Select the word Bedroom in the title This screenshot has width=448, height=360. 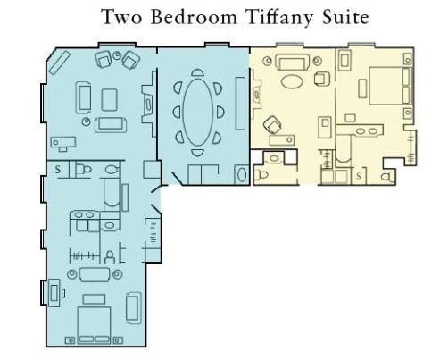[194, 17]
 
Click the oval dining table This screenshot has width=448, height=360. [198, 113]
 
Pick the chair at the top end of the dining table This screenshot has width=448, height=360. [197, 72]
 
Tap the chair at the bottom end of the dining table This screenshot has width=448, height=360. [197, 153]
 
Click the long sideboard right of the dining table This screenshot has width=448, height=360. [241, 104]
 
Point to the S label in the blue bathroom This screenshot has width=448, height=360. [58, 170]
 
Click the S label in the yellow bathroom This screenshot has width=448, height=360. [359, 176]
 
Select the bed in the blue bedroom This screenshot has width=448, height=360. [94, 324]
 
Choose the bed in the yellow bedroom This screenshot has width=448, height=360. [391, 86]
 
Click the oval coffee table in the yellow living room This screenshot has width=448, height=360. [293, 81]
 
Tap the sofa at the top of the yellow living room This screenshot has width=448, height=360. [293, 62]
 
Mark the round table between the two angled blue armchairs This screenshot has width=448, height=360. [117, 55]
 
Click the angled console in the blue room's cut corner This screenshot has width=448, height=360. [60, 63]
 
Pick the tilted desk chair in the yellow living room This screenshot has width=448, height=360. [272, 125]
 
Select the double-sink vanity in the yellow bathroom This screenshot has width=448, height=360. [366, 130]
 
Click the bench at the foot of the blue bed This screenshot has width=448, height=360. [94, 299]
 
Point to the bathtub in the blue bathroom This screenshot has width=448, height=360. [112, 193]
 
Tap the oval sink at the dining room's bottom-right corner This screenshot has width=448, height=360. [242, 174]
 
